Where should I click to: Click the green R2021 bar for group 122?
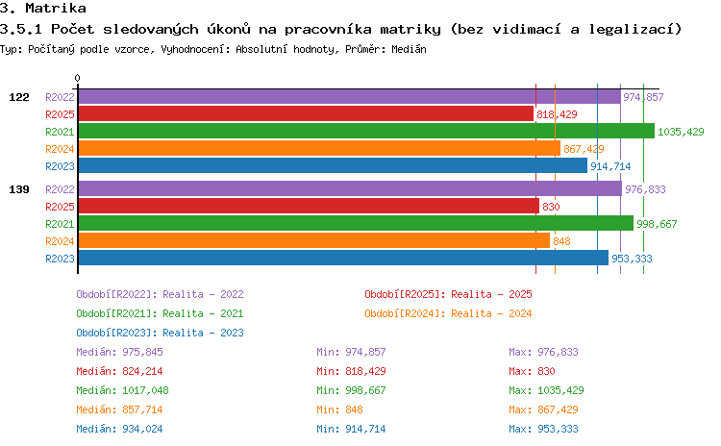pyautogui.click(x=366, y=131)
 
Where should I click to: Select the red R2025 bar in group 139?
pyautogui.click(x=309, y=206)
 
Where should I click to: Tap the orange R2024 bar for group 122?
pyautogui.click(x=319, y=149)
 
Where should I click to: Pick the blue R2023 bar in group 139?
pyautogui.click(x=343, y=258)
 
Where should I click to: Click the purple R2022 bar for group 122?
pyautogui.click(x=350, y=96)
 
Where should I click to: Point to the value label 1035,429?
pyautogui.click(x=681, y=132)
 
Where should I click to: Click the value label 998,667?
pyautogui.click(x=657, y=224)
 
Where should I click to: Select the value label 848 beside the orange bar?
pyautogui.click(x=561, y=241)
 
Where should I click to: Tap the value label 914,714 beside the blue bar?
pyautogui.click(x=610, y=166)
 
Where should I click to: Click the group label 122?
pyautogui.click(x=19, y=97)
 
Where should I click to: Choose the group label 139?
pyautogui.click(x=19, y=189)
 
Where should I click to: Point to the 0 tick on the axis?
pyautogui.click(x=77, y=78)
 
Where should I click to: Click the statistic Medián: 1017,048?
pyautogui.click(x=122, y=390)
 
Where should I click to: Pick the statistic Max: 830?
pyautogui.click(x=532, y=371)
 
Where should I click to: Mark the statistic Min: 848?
pyautogui.click(x=339, y=409)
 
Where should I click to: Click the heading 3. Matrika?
pyautogui.click(x=43, y=9)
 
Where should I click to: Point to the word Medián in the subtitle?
pyautogui.click(x=409, y=49)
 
